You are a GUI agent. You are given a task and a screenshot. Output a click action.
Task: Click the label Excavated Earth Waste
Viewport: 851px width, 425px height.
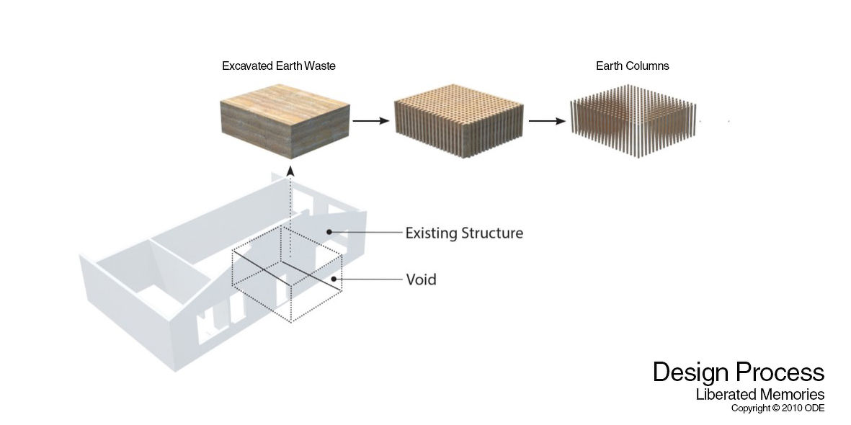(278, 66)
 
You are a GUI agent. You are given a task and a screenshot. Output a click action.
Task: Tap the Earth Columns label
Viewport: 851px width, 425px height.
(632, 66)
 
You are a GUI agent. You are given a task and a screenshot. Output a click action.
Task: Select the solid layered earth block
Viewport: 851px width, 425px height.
(285, 121)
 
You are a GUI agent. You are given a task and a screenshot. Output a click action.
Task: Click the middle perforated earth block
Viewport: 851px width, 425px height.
(459, 121)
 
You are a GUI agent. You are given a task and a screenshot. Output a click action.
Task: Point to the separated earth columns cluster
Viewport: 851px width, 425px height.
(633, 121)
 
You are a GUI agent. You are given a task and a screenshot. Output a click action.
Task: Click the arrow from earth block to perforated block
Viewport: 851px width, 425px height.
(371, 120)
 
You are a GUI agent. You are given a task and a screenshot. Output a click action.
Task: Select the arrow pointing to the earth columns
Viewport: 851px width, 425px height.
(547, 120)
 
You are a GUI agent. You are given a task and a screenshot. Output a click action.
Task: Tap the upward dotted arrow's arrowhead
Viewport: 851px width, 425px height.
(290, 171)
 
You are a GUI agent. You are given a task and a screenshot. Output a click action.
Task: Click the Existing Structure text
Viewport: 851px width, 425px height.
(465, 233)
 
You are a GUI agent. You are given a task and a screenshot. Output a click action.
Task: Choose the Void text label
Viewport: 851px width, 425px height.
(421, 279)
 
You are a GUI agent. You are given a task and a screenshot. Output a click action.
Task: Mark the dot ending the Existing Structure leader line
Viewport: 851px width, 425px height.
(329, 232)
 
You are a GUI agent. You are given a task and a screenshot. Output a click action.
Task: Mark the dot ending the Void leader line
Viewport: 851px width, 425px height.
(334, 279)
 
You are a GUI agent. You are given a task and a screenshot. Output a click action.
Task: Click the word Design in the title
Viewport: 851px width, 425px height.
(690, 373)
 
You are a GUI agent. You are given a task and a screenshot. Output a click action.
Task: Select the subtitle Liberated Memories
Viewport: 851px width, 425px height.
(760, 395)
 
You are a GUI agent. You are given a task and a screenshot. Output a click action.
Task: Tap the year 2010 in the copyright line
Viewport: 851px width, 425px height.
(792, 408)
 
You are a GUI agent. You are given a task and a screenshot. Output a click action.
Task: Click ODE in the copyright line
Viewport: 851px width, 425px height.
(815, 408)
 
